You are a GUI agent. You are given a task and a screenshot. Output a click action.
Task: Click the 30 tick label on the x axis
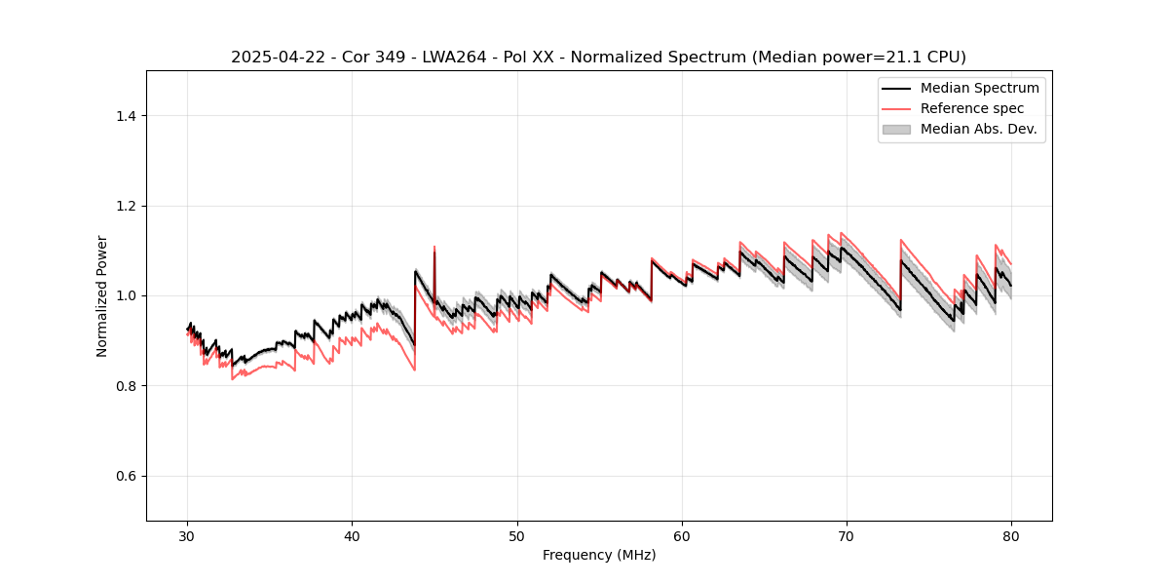(x=188, y=536)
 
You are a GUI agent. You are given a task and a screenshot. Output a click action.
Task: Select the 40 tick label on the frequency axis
(x=353, y=536)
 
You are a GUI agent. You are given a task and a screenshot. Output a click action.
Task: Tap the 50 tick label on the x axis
(x=517, y=536)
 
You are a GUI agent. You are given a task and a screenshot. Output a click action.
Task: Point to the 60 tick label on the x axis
(x=682, y=536)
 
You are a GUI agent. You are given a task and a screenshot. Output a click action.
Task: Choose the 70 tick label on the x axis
(x=847, y=536)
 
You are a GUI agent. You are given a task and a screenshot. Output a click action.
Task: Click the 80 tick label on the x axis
(x=1011, y=536)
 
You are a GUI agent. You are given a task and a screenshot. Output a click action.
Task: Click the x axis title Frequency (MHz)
(x=599, y=555)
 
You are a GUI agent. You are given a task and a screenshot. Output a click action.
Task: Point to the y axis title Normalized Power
(x=102, y=295)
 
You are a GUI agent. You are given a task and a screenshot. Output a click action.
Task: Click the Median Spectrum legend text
(x=979, y=88)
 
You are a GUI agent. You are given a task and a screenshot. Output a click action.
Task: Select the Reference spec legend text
(x=972, y=108)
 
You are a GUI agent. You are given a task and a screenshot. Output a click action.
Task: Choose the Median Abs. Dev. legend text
(x=979, y=129)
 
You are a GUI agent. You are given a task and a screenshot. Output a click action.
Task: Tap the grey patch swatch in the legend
(x=896, y=129)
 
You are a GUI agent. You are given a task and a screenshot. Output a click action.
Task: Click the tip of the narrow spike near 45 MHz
(x=434, y=247)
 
